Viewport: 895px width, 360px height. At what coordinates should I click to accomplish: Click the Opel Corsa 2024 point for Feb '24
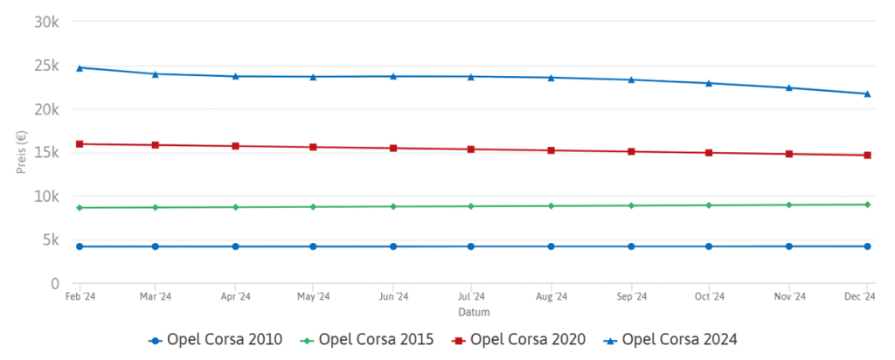click(x=80, y=67)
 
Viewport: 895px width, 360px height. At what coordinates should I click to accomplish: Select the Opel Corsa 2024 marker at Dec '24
click(x=867, y=93)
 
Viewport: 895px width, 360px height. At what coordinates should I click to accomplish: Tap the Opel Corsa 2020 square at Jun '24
click(x=393, y=149)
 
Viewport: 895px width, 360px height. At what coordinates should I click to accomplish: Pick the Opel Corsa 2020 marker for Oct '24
click(x=709, y=153)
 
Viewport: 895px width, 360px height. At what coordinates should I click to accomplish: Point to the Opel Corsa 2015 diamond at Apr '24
click(x=235, y=207)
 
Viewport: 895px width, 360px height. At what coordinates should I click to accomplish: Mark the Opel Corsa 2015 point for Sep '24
click(x=630, y=205)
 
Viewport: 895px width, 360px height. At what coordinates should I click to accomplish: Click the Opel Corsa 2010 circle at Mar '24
click(x=156, y=246)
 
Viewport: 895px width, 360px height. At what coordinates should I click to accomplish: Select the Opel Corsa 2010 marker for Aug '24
click(x=551, y=246)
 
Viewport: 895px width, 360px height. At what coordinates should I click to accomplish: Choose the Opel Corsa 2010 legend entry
click(x=215, y=339)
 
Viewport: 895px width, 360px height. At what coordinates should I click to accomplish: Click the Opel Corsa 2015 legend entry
click(x=368, y=339)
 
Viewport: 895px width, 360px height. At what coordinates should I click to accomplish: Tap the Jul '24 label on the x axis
click(x=472, y=297)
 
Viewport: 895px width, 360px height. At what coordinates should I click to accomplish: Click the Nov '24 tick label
click(x=788, y=297)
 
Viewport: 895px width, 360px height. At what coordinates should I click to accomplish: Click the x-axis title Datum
click(x=473, y=312)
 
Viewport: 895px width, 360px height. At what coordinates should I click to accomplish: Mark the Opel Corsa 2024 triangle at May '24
click(x=314, y=77)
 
